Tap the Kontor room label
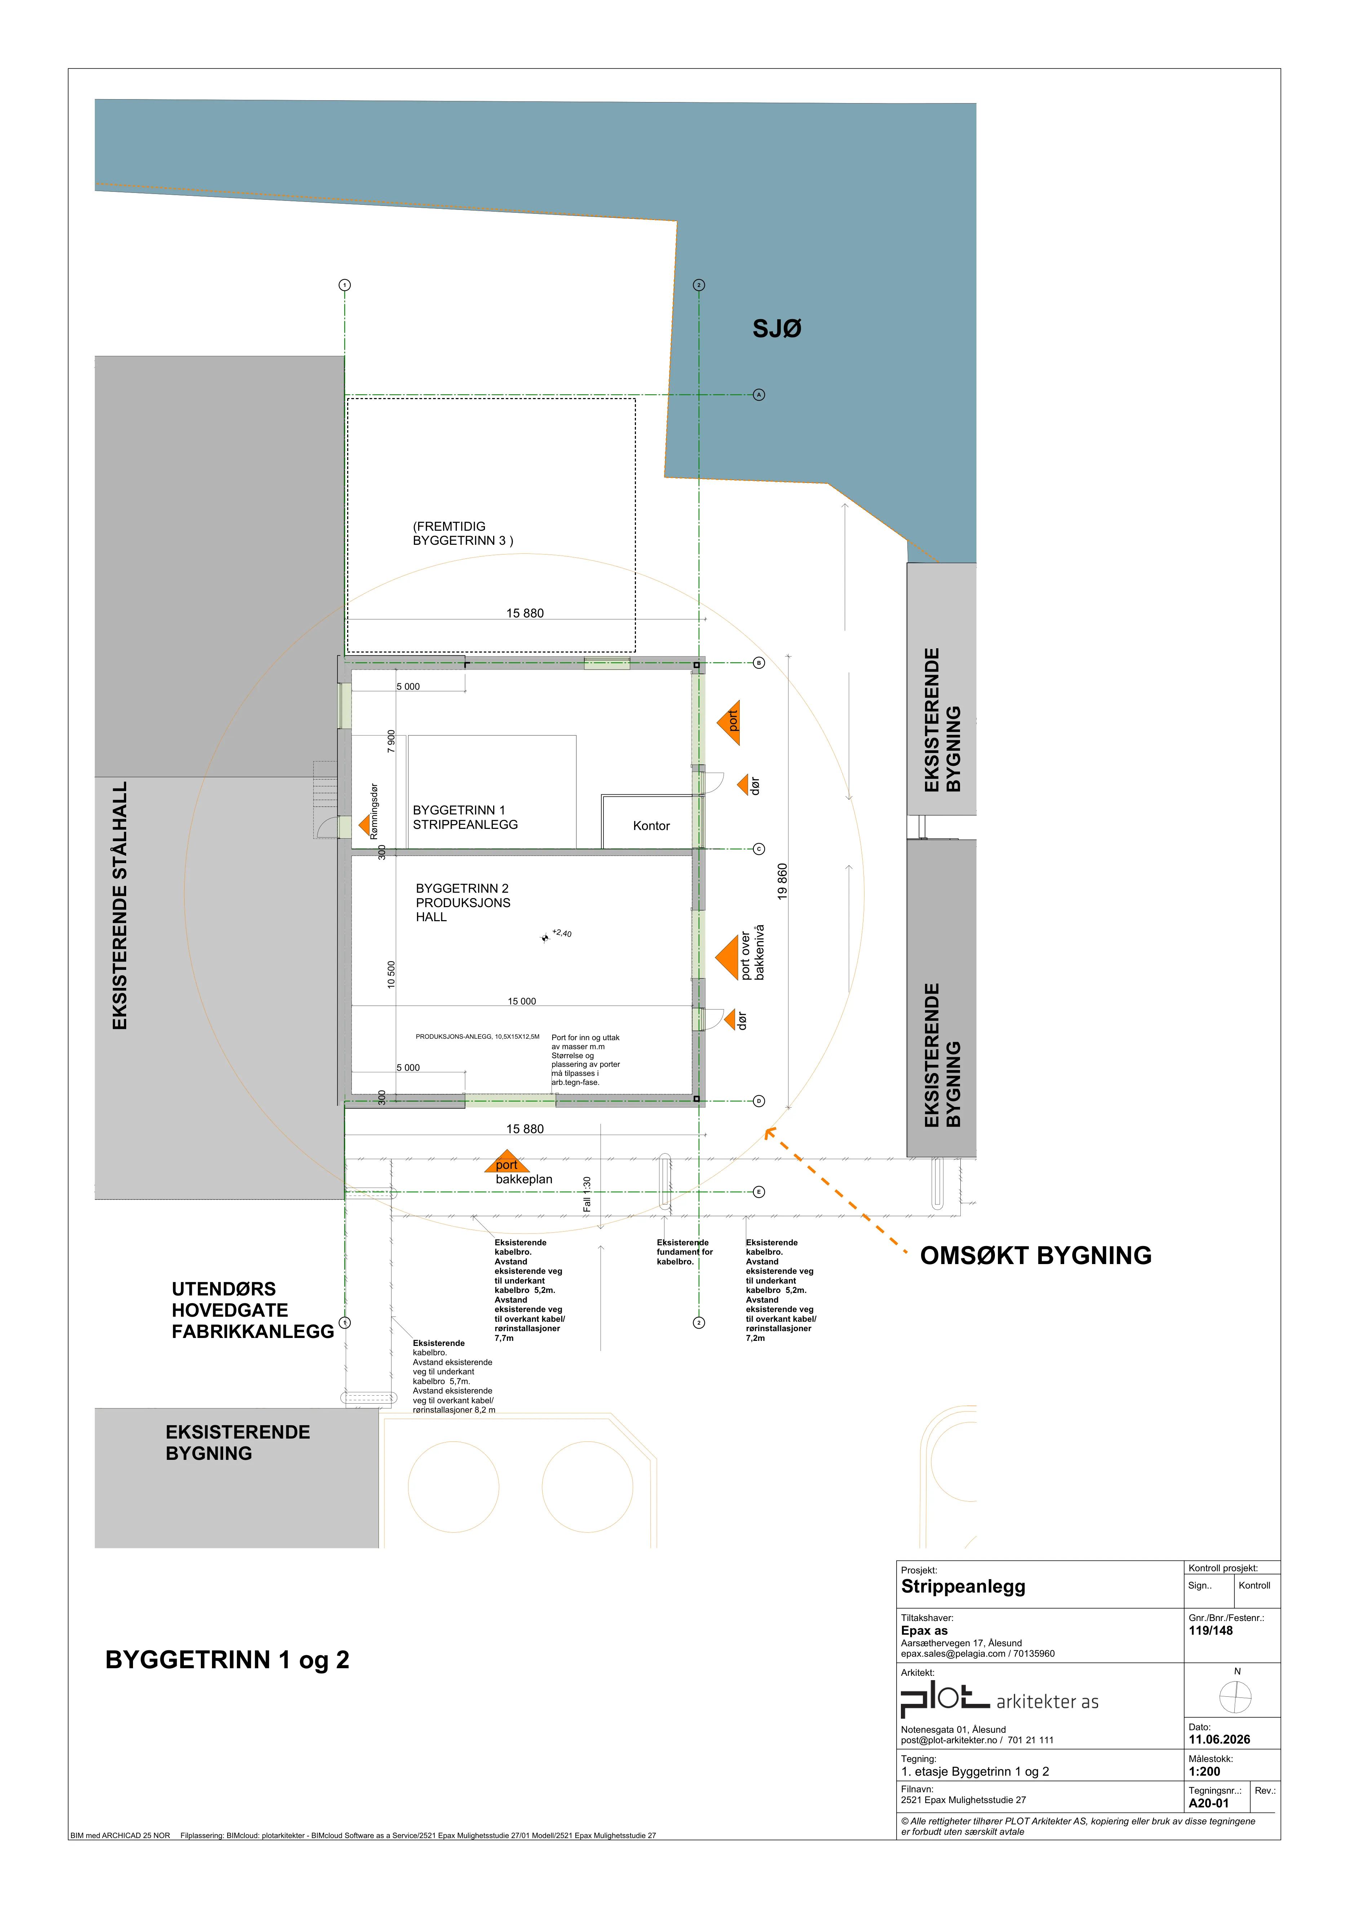[651, 826]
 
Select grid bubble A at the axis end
[758, 395]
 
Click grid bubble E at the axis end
[758, 1192]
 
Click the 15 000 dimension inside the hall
[522, 1001]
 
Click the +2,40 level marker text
[562, 933]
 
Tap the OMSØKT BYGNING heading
[1036, 1256]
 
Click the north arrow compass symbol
[1235, 1697]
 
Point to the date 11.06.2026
[1220, 1739]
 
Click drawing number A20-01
[1209, 1803]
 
